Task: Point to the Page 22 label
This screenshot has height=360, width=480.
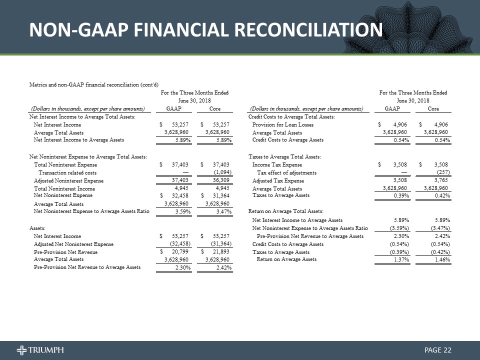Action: (438, 349)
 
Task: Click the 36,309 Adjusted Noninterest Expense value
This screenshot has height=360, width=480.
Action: (219, 180)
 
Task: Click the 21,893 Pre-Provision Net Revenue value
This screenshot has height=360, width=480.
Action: (219, 252)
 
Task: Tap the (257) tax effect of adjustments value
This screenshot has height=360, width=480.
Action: (442, 172)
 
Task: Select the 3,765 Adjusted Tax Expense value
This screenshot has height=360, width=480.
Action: (440, 180)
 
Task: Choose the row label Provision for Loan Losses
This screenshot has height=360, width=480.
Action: (283, 124)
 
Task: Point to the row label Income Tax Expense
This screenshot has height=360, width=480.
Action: (277, 164)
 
